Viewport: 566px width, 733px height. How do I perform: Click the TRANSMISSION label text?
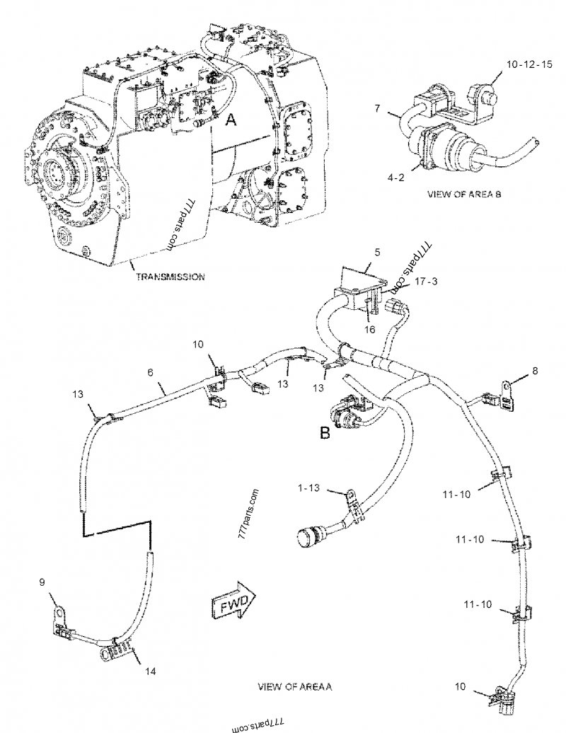171,277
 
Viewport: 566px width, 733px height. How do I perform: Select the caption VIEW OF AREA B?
465,193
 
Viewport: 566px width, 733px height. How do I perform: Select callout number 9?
42,582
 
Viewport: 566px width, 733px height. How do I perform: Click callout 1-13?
310,487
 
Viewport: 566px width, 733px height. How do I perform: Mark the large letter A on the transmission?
230,121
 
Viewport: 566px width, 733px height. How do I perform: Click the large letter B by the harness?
325,433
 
